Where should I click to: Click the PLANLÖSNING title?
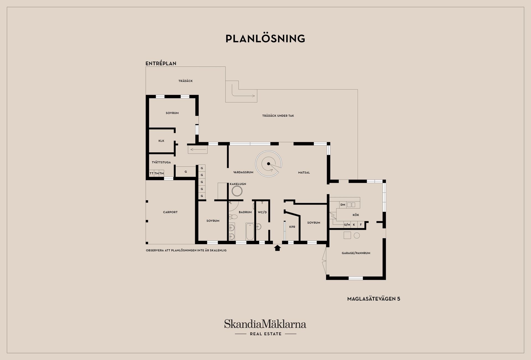tap(265, 39)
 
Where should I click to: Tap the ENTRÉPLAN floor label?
tap(161, 63)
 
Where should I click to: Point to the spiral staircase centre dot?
tap(269, 164)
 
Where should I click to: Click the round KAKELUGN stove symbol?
tap(237, 191)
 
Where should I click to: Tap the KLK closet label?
tap(161, 141)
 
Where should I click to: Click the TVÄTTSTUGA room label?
tap(161, 162)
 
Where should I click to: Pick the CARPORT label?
tap(170, 212)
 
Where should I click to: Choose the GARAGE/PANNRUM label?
tap(356, 253)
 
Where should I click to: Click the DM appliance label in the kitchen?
tap(343, 205)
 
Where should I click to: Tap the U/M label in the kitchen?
tap(347, 225)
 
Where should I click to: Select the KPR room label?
tap(292, 227)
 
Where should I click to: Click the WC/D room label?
tap(262, 212)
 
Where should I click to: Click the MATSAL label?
tap(304, 173)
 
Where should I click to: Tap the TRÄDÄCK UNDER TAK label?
tap(278, 116)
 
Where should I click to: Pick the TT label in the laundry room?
tap(151, 173)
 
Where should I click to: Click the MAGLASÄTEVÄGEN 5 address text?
tap(374, 299)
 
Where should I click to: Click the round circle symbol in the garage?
tap(357, 236)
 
